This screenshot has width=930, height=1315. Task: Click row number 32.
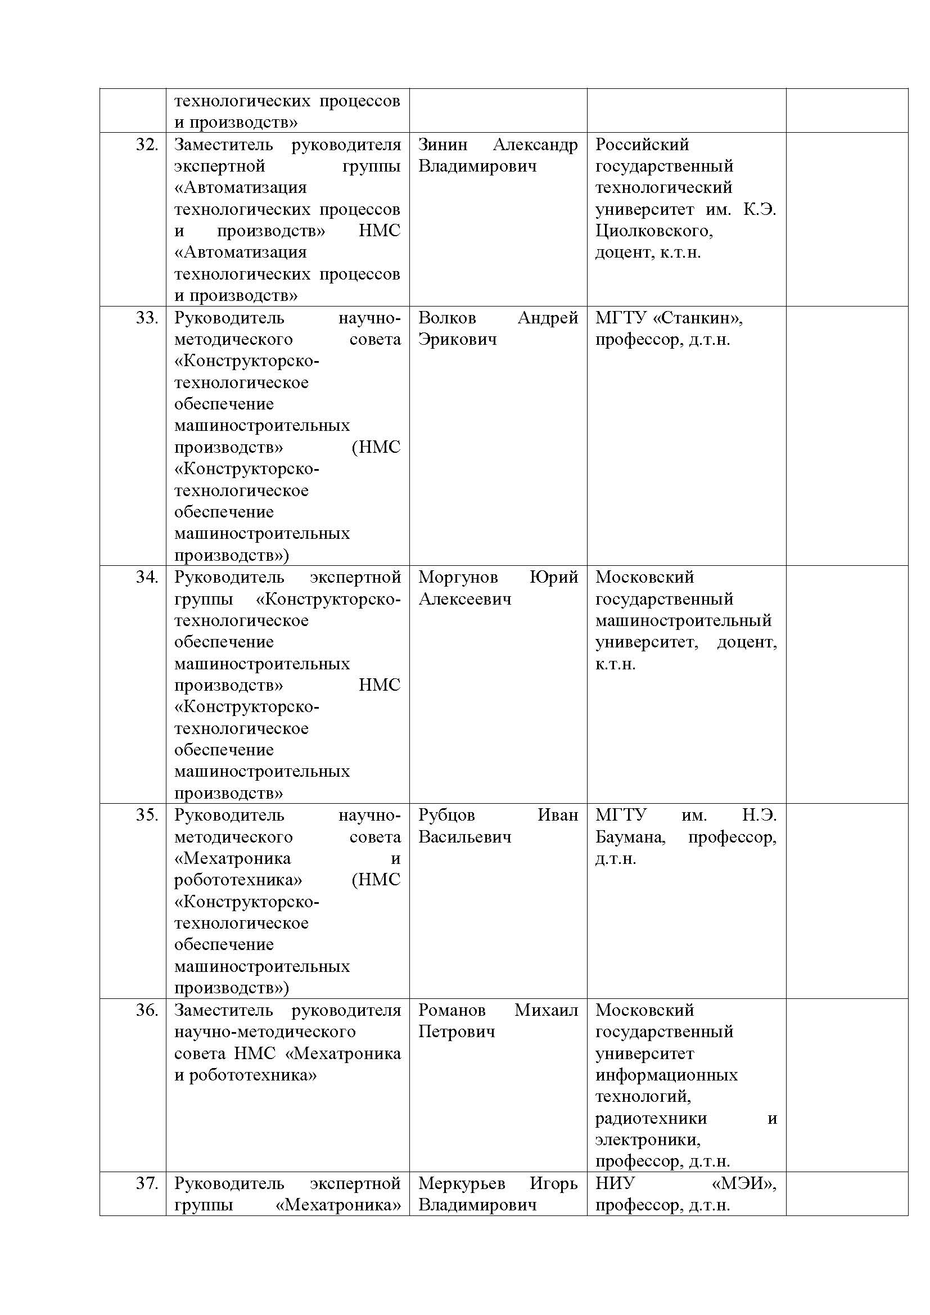click(x=147, y=145)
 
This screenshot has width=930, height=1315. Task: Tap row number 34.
click(x=147, y=577)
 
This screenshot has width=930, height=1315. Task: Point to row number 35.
click(x=147, y=814)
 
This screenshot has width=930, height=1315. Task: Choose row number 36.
click(x=147, y=1010)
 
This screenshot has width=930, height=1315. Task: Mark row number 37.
click(x=147, y=1183)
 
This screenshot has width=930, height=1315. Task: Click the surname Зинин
click(x=443, y=145)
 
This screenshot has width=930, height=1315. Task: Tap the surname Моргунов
click(x=458, y=577)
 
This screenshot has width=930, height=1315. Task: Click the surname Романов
click(x=452, y=1010)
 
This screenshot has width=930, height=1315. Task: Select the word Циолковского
click(x=653, y=231)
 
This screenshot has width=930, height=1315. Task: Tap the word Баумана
click(x=630, y=837)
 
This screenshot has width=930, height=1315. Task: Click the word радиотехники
click(x=651, y=1119)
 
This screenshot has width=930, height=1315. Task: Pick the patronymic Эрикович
click(x=457, y=339)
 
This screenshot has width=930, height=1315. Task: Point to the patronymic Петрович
click(x=457, y=1032)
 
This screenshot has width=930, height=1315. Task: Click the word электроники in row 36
click(x=648, y=1140)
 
